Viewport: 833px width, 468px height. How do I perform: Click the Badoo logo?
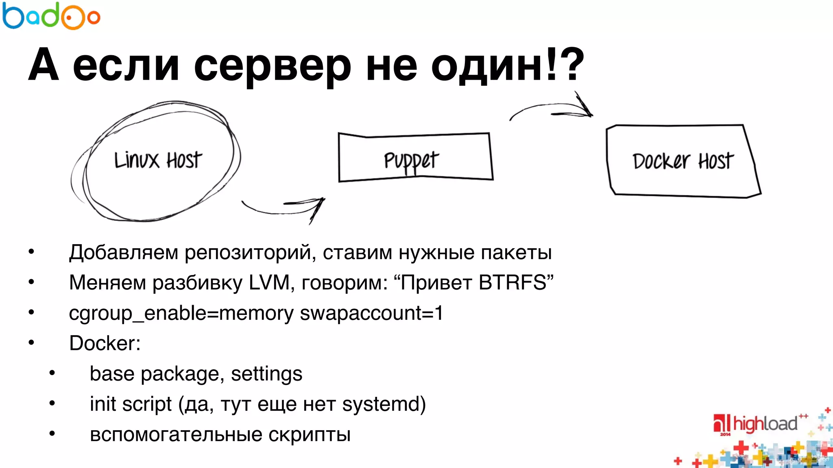tap(51, 16)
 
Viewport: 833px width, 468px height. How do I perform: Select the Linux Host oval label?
tap(158, 160)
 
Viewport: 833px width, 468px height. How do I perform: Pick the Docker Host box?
tap(683, 161)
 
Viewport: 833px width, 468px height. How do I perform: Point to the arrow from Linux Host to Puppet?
tap(285, 207)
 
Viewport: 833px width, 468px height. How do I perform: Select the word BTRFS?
tap(512, 282)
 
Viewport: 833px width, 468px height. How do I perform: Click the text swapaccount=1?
tap(371, 313)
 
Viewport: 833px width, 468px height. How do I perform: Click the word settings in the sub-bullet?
tap(266, 374)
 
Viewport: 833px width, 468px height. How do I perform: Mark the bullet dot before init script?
tap(52, 403)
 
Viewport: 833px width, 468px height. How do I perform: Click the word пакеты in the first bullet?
tap(516, 253)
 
